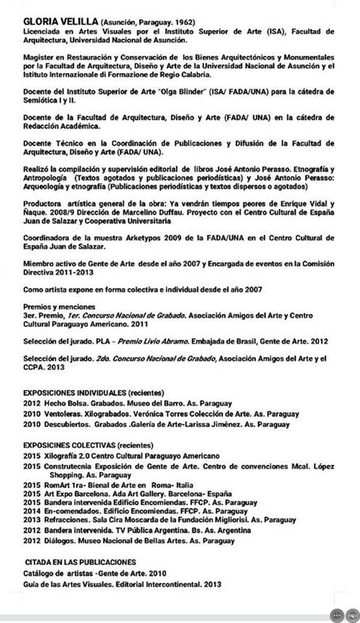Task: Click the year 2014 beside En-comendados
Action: tap(31, 511)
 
